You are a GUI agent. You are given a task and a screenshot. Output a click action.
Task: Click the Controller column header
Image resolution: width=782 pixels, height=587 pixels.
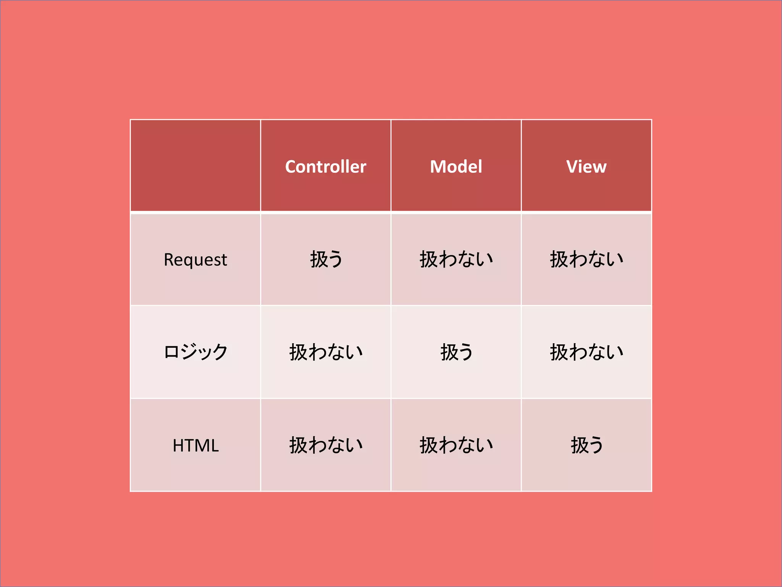click(x=326, y=167)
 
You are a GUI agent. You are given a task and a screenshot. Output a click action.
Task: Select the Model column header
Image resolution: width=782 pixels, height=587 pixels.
click(x=456, y=167)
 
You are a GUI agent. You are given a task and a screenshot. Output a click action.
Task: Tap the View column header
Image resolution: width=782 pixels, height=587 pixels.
click(x=586, y=167)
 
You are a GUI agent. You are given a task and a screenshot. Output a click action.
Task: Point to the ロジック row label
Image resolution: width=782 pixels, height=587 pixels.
click(x=195, y=352)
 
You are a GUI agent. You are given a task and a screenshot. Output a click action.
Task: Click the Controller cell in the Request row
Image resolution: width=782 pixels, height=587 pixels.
click(x=326, y=259)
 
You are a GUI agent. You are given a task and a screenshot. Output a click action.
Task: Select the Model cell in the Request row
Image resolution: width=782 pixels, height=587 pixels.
click(x=456, y=259)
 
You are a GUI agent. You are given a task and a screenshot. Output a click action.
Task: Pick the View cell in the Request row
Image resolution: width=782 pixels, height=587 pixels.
click(x=586, y=259)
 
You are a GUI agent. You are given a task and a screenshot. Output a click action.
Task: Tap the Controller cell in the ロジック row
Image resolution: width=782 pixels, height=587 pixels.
click(x=326, y=352)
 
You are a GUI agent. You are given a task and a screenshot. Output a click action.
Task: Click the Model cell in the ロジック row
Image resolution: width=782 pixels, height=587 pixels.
click(x=456, y=352)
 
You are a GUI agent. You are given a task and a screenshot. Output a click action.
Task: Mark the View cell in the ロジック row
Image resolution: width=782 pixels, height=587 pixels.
click(x=586, y=352)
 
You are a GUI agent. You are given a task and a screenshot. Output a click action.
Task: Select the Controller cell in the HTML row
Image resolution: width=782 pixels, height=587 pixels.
click(x=326, y=445)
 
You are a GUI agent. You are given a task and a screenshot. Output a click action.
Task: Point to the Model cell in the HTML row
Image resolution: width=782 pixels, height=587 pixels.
click(x=456, y=445)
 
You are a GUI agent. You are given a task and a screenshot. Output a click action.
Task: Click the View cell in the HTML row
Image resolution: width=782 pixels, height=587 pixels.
click(x=586, y=445)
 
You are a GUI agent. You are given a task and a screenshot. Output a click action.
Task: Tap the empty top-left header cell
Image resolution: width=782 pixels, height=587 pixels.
click(x=195, y=165)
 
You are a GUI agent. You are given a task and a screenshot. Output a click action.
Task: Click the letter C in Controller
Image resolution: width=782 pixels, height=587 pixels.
click(x=291, y=167)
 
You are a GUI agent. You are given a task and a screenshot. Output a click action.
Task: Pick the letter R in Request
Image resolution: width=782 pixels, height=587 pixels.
click(x=168, y=260)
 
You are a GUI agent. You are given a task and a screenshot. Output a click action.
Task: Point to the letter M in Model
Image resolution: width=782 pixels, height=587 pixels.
click(x=438, y=167)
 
